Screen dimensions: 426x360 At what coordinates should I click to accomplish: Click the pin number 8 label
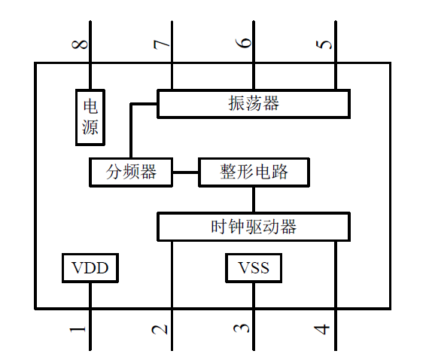[x=80, y=44]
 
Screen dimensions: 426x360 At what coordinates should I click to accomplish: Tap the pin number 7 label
[x=162, y=44]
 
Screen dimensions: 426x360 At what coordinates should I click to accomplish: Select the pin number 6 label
[x=243, y=43]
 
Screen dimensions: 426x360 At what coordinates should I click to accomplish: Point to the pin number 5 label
[x=324, y=44]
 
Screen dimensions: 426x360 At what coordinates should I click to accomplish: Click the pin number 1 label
[x=78, y=330]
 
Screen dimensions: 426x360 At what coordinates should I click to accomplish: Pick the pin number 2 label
[x=160, y=330]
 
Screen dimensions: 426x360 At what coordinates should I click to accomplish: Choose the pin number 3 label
[x=242, y=328]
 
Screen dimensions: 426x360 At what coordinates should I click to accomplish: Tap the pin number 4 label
[x=322, y=330]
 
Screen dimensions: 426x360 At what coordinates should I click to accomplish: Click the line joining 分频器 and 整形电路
[x=186, y=172]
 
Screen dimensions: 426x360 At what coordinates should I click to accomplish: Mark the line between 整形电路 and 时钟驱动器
[x=254, y=200]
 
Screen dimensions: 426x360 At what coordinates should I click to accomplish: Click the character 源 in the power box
[x=90, y=127]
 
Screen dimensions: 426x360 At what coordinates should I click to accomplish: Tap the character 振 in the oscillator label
[x=236, y=104]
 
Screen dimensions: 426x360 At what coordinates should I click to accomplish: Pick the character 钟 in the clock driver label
[x=236, y=227]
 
